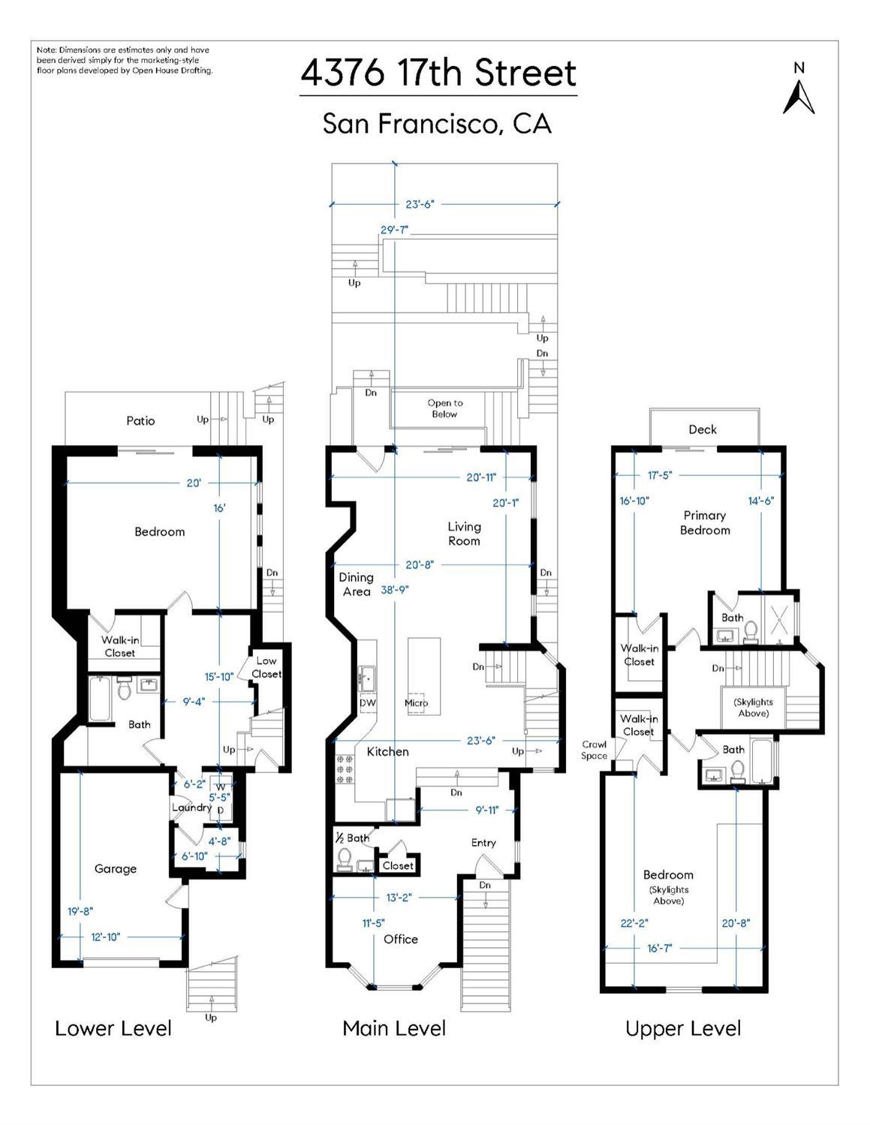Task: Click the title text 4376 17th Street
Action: point(438,74)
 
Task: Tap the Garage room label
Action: point(116,868)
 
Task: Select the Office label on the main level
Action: point(400,939)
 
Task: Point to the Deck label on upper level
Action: point(703,429)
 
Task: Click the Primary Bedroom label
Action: point(705,522)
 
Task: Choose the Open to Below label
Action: point(444,408)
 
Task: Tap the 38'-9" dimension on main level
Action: point(395,590)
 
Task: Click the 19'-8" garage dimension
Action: point(80,911)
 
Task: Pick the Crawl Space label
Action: point(594,751)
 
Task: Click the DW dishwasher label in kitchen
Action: point(368,703)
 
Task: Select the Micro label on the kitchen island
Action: point(417,703)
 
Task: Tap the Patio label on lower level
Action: point(140,421)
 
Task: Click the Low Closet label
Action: point(266,667)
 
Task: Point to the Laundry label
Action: point(191,808)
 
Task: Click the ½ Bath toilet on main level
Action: point(345,857)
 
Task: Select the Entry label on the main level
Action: point(483,843)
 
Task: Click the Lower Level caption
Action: point(113,1028)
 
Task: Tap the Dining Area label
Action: point(356,584)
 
